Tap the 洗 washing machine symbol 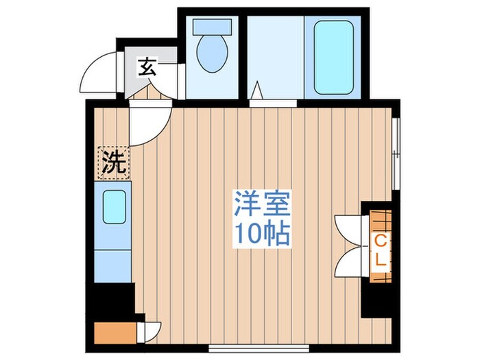coord(114,163)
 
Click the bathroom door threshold coord(273,104)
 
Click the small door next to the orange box coord(149,331)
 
